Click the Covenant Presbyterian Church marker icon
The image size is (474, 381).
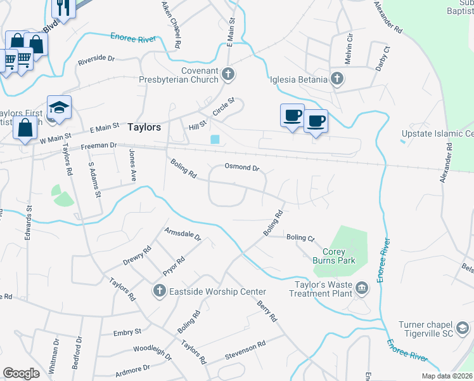point(229,76)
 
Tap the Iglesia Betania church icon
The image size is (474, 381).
point(337,79)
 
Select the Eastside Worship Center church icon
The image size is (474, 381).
point(159,291)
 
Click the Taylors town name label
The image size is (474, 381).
point(144,127)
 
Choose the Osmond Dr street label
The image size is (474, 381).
point(242,168)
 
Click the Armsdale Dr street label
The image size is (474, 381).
point(183,236)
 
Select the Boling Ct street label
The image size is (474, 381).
point(300,237)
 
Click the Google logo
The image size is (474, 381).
point(21,373)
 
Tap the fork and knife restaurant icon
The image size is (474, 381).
point(63,7)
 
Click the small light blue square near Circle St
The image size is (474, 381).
point(215,140)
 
